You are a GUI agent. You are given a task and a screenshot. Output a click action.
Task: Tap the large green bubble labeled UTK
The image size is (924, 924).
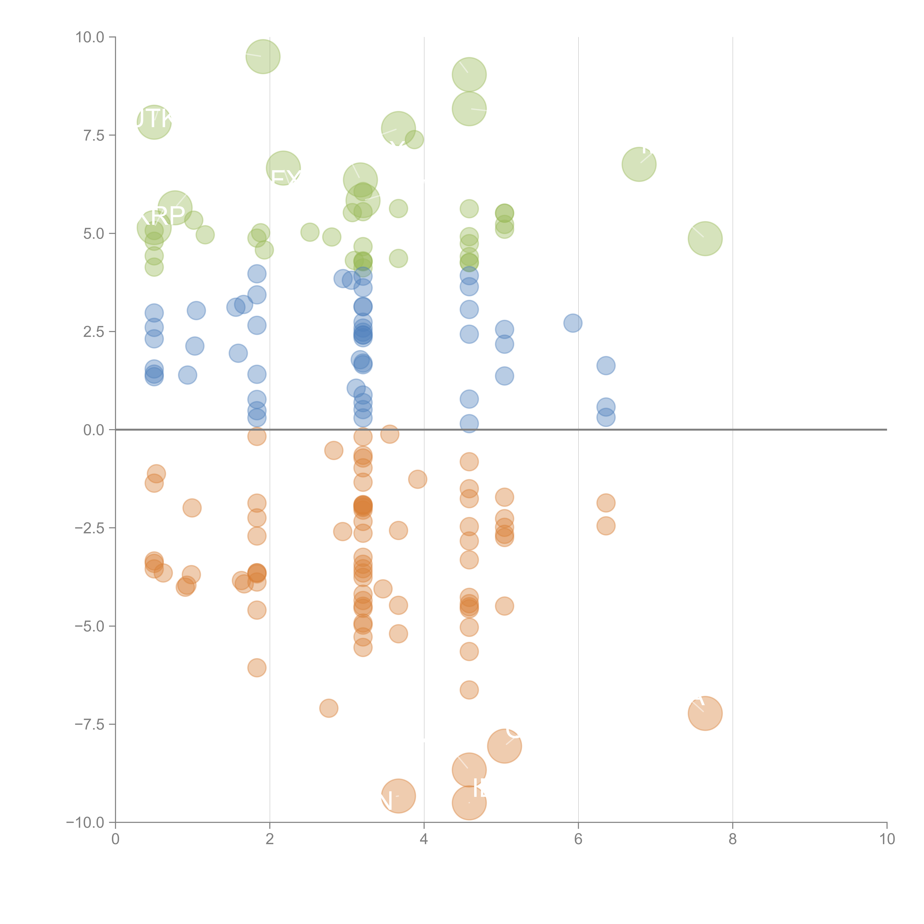click(x=154, y=123)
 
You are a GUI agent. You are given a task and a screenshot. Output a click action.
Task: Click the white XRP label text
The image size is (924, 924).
click(x=162, y=216)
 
